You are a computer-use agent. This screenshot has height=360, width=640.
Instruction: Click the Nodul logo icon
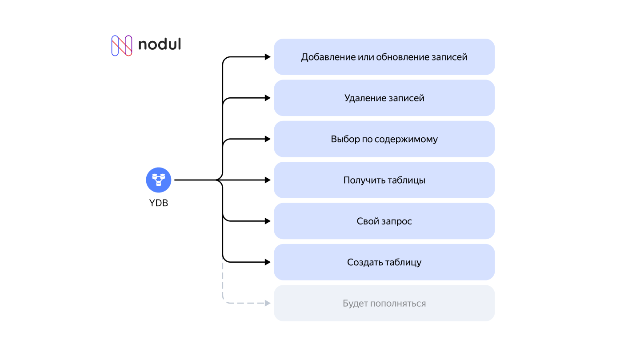tap(121, 45)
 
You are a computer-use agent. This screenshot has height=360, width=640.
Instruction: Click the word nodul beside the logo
tap(159, 44)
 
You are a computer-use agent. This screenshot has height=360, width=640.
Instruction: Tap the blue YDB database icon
tap(159, 180)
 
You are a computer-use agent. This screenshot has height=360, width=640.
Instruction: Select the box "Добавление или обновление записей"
tap(384, 57)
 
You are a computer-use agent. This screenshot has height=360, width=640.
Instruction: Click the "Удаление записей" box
tap(384, 98)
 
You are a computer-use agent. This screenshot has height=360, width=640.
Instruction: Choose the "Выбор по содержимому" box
tap(384, 139)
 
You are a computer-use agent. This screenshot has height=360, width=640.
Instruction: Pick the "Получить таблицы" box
tap(384, 180)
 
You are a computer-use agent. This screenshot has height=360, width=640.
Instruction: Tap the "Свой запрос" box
tap(384, 221)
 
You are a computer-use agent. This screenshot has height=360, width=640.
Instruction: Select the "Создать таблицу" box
tap(384, 262)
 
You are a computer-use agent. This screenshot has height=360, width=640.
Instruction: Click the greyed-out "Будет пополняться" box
tap(384, 304)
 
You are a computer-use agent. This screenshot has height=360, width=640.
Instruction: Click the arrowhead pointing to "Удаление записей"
tap(268, 98)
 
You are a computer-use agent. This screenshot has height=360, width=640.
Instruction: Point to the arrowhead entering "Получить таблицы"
tap(268, 180)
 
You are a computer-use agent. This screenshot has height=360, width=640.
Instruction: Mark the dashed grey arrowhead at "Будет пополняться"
tap(268, 303)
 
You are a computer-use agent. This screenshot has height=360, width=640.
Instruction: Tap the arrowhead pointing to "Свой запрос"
tap(268, 221)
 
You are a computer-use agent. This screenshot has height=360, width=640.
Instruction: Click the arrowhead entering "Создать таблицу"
tap(268, 262)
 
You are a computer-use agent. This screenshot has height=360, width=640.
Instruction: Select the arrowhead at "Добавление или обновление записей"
tap(268, 57)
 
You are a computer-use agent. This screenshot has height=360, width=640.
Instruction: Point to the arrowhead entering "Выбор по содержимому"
tap(268, 139)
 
